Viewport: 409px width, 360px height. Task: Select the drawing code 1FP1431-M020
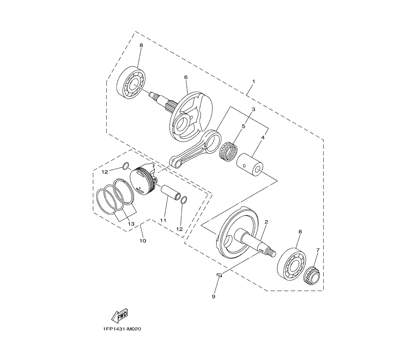[122, 329]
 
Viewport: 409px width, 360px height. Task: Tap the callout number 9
[213, 297]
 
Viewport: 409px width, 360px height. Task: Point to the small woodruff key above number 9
[219, 274]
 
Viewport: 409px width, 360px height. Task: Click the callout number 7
[318, 250]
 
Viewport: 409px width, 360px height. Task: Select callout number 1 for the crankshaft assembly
[254, 82]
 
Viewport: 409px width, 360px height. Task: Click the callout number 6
[186, 77]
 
